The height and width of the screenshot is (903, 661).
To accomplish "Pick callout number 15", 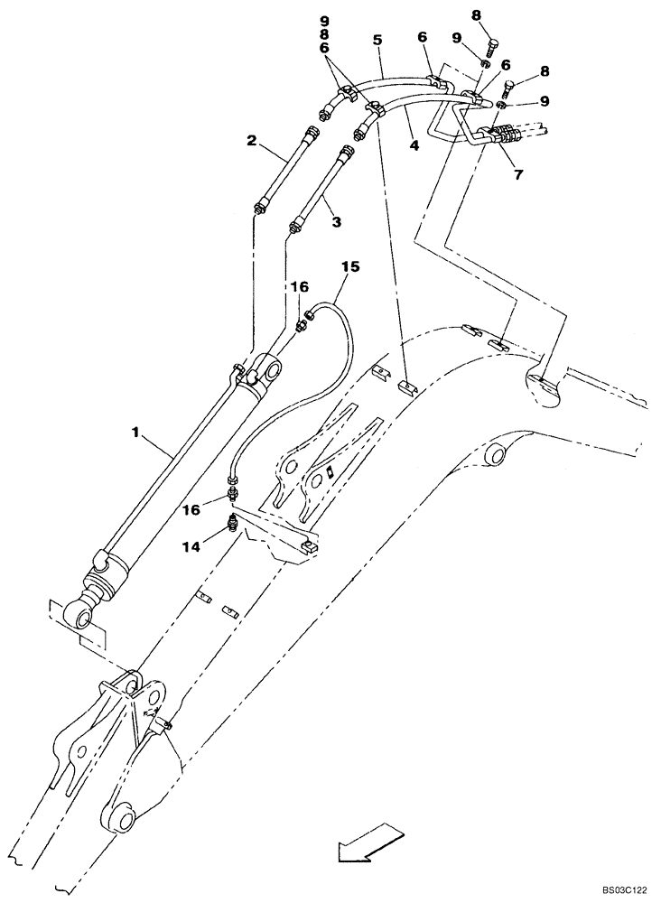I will click(350, 266).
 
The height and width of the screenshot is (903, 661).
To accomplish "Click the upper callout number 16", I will click(300, 286).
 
